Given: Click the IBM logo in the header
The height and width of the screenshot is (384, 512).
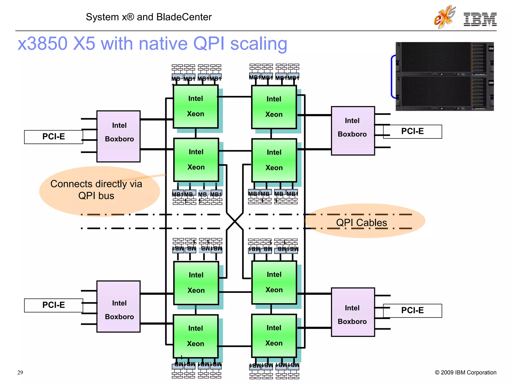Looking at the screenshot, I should [480, 19].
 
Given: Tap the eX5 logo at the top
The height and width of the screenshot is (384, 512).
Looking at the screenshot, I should [444, 17].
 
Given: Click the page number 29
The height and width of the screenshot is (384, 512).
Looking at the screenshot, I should [20, 372].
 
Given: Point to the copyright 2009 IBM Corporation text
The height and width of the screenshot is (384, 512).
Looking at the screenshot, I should [465, 372].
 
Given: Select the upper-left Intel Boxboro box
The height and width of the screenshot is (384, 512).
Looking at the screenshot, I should [118, 136].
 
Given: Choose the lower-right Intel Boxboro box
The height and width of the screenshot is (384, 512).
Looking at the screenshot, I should [353, 312].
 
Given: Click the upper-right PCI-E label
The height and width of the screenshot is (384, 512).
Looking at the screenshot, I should [412, 131].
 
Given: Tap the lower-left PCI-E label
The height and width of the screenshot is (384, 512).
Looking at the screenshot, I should [53, 305].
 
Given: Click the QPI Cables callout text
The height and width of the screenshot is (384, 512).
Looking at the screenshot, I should [361, 222].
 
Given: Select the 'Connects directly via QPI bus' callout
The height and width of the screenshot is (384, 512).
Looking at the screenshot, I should [96, 190].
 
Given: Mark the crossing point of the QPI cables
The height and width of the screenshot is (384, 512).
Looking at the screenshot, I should [235, 221].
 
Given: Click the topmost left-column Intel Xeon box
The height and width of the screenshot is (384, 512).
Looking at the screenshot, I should [196, 106].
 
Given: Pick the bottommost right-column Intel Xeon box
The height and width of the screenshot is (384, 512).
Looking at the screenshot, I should [274, 335].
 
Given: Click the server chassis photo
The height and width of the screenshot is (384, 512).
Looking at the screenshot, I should [444, 76].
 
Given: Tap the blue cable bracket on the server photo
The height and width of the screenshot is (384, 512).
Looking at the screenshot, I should [392, 76].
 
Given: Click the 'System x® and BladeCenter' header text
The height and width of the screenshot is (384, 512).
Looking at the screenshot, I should [149, 17].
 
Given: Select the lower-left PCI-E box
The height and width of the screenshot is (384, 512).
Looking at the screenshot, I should [53, 305].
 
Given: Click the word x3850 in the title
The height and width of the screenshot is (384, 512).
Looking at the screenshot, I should [42, 43].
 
